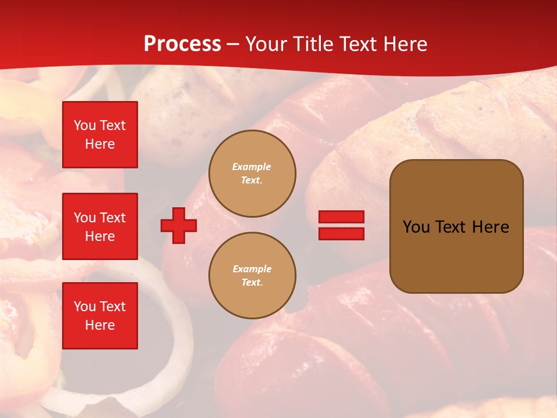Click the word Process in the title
click(182, 44)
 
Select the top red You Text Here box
click(100, 135)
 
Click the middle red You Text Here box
click(100, 226)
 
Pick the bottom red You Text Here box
click(100, 316)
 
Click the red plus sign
click(178, 225)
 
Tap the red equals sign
click(341, 225)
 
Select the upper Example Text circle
click(252, 174)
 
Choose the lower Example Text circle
click(252, 276)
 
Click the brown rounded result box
click(456, 226)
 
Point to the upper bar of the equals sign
click(341, 217)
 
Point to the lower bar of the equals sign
click(341, 233)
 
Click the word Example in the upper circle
click(252, 167)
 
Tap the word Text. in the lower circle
click(252, 283)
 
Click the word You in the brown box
click(416, 227)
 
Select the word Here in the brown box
click(490, 227)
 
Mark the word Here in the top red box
click(100, 144)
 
